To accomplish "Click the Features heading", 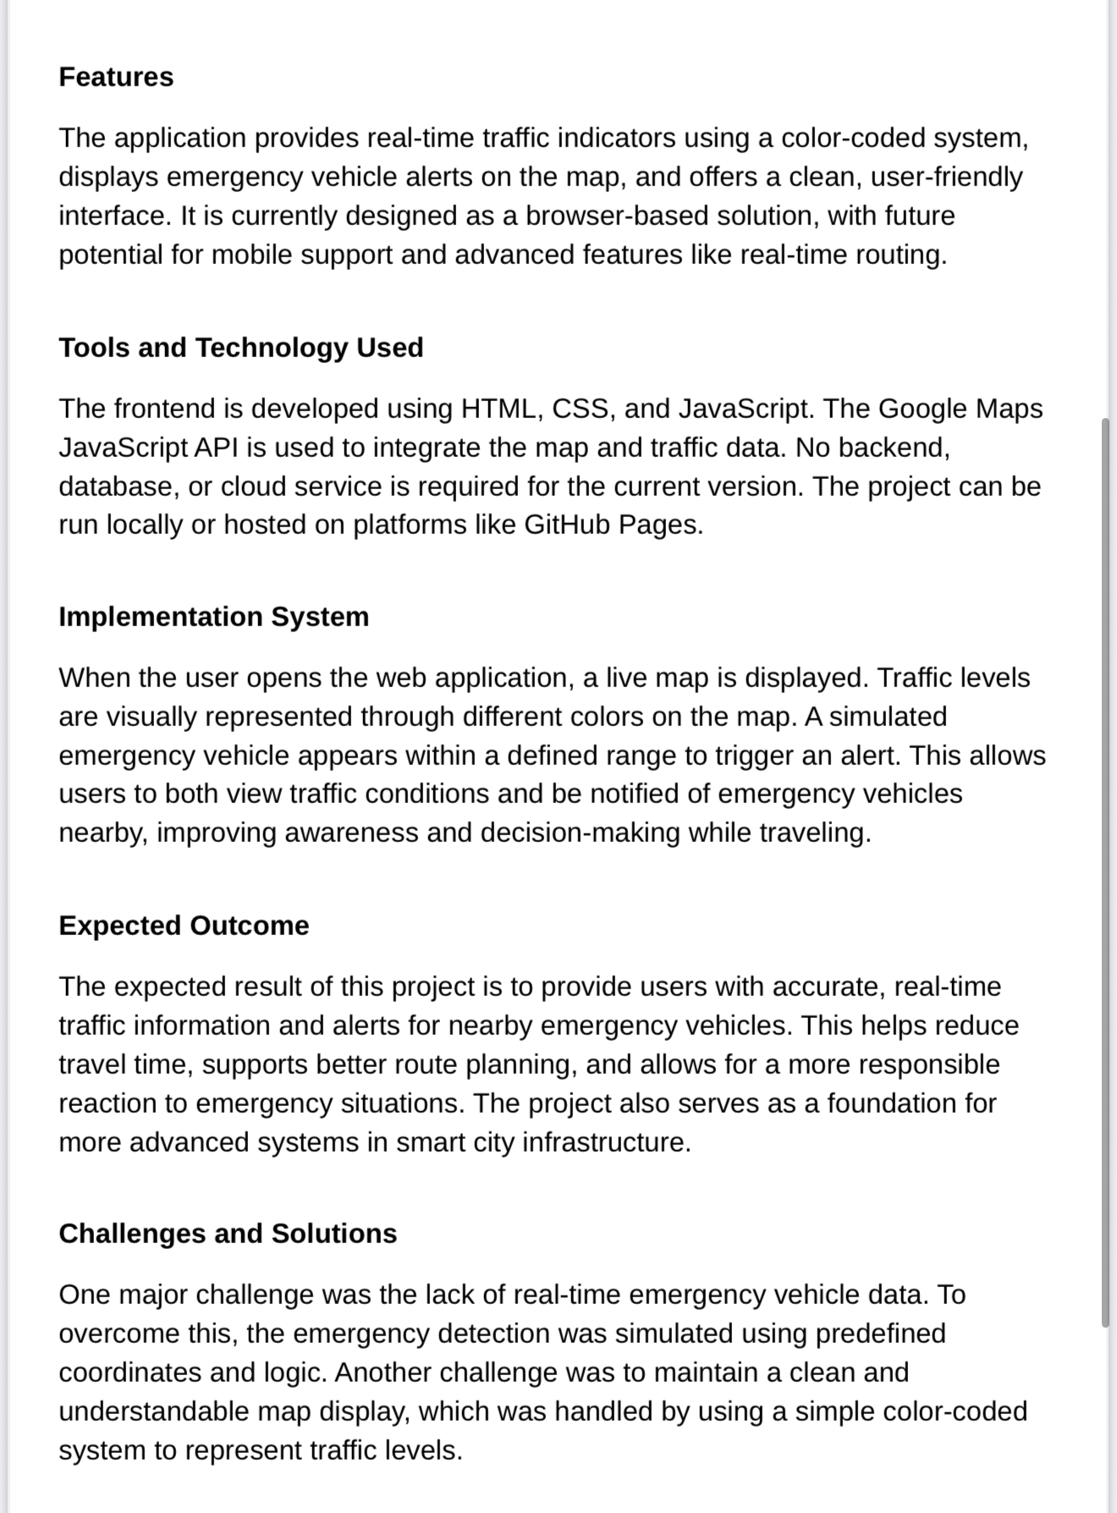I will (116, 77).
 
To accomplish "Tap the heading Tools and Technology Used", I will (241, 348).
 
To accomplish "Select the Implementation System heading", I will (214, 617).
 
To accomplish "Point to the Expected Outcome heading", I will (184, 926).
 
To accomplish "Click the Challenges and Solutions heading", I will (228, 1234).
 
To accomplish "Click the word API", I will (216, 448).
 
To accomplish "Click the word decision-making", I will (580, 834).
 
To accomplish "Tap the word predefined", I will (880, 1334).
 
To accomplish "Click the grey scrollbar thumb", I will (1105, 872).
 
